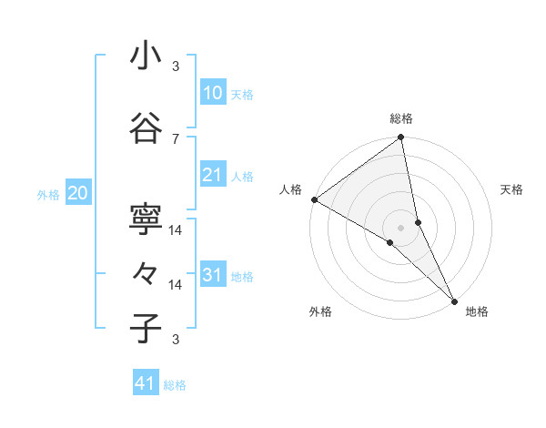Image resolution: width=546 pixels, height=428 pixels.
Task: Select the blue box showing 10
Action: [212, 92]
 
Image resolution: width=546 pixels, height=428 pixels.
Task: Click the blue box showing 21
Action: [212, 175]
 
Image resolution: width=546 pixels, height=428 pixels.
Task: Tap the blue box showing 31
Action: [212, 275]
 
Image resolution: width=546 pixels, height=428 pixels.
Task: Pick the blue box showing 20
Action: [78, 192]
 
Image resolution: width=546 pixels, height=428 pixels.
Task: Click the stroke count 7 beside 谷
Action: [176, 138]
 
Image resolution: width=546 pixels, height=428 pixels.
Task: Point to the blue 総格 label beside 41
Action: [175, 385]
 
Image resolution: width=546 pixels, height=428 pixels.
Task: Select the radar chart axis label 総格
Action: [401, 118]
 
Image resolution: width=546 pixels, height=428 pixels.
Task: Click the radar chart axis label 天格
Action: [511, 189]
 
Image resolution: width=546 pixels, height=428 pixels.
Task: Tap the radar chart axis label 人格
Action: [291, 189]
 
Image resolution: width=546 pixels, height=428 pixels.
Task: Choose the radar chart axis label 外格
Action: [319, 311]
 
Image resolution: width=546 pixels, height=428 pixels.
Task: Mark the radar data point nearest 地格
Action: [453, 299]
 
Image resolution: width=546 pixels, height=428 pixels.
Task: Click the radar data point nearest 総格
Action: [401, 138]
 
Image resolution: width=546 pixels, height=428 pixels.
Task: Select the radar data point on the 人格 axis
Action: [314, 199]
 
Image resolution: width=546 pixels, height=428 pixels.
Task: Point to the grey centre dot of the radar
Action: [401, 227]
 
